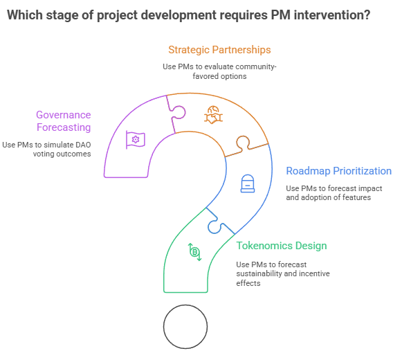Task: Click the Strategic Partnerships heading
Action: point(219,50)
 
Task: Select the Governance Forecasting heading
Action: point(64,121)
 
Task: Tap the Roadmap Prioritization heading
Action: point(338,171)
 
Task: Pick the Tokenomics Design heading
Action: point(282,246)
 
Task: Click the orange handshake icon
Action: point(213,115)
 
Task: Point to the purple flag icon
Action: point(136,140)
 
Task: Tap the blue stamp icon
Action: point(248,183)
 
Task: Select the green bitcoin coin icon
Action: point(195,252)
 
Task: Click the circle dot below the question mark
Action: point(185,327)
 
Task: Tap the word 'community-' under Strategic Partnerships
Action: point(256,66)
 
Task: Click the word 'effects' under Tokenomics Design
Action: point(248,283)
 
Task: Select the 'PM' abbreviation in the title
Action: point(281,15)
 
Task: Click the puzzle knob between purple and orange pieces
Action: point(179,112)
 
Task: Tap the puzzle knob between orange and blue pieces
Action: point(243,143)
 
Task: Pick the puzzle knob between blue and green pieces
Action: point(215,226)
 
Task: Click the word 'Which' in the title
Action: point(25,15)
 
